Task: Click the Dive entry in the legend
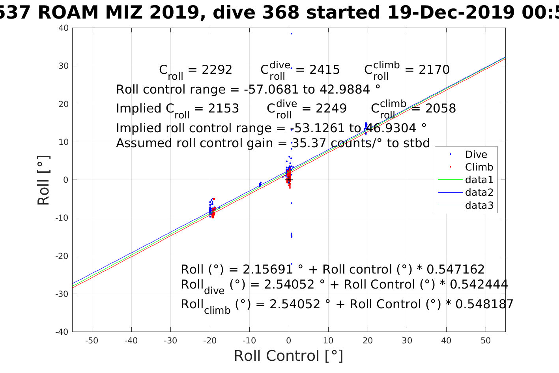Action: point(476,154)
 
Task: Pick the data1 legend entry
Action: point(479,180)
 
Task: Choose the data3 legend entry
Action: point(479,205)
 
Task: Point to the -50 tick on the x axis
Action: point(92,341)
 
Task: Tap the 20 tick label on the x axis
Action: point(368,341)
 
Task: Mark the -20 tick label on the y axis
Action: point(62,256)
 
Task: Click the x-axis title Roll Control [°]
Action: point(288,356)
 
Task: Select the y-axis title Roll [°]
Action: point(43,180)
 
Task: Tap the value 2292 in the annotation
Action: point(217,70)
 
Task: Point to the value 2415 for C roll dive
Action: point(324,70)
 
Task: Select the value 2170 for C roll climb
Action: point(434,70)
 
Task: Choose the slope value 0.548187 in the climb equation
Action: point(484,304)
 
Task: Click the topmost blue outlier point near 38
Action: point(291,34)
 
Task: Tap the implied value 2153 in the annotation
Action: point(223,109)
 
